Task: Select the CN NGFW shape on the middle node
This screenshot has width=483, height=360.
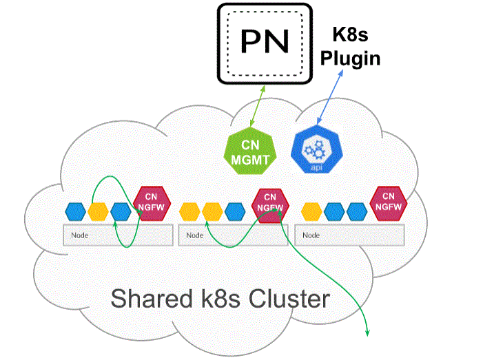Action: click(x=270, y=202)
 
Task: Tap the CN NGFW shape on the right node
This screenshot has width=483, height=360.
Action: click(x=388, y=202)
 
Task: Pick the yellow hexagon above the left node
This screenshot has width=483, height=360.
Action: click(x=99, y=211)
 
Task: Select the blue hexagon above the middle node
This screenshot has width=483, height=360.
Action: click(x=234, y=211)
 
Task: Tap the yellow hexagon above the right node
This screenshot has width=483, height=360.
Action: click(x=313, y=211)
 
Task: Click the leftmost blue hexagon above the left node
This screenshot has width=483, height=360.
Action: click(x=76, y=211)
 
